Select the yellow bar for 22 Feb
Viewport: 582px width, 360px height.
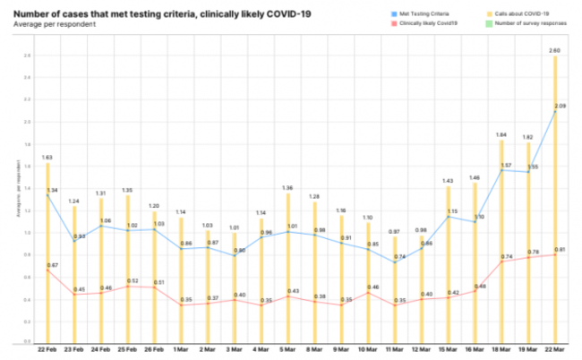(47, 251)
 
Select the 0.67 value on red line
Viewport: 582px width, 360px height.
(52, 265)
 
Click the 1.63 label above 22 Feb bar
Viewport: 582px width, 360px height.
(47, 157)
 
